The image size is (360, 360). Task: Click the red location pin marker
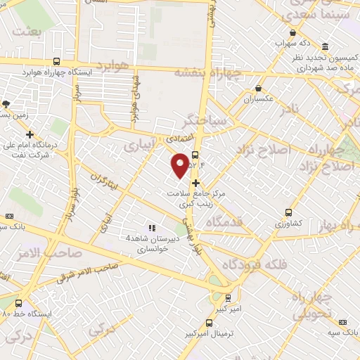[180, 165]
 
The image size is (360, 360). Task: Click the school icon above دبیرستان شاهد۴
[150, 228]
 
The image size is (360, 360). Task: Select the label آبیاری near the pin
[137, 145]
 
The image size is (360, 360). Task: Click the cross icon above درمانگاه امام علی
[30, 134]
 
